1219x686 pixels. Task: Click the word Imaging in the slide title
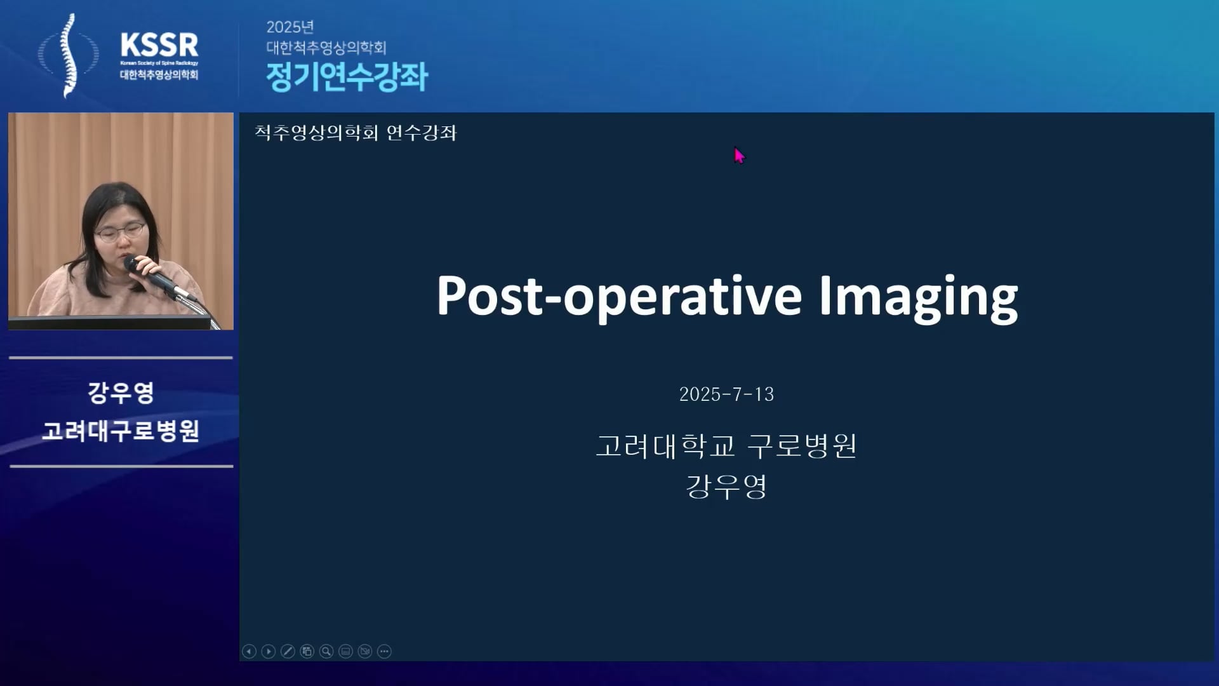(918, 297)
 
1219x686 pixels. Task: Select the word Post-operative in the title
(619, 297)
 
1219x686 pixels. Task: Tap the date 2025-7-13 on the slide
(726, 394)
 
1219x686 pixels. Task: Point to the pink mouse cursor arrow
(739, 156)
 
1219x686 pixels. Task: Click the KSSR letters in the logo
(159, 45)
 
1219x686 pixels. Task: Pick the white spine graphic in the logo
(69, 55)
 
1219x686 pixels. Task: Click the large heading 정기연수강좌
(347, 77)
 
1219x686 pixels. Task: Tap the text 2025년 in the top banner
(290, 27)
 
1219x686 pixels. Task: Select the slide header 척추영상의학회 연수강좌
(356, 133)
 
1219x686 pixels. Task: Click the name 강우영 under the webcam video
(121, 392)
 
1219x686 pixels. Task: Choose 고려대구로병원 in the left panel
(121, 431)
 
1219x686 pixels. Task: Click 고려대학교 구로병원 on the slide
(726, 445)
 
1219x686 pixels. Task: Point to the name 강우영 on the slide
(726, 487)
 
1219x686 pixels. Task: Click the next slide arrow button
(269, 651)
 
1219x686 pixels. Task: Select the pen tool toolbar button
(288, 651)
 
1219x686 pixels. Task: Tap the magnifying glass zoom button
(326, 651)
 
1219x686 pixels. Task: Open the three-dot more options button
(384, 651)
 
